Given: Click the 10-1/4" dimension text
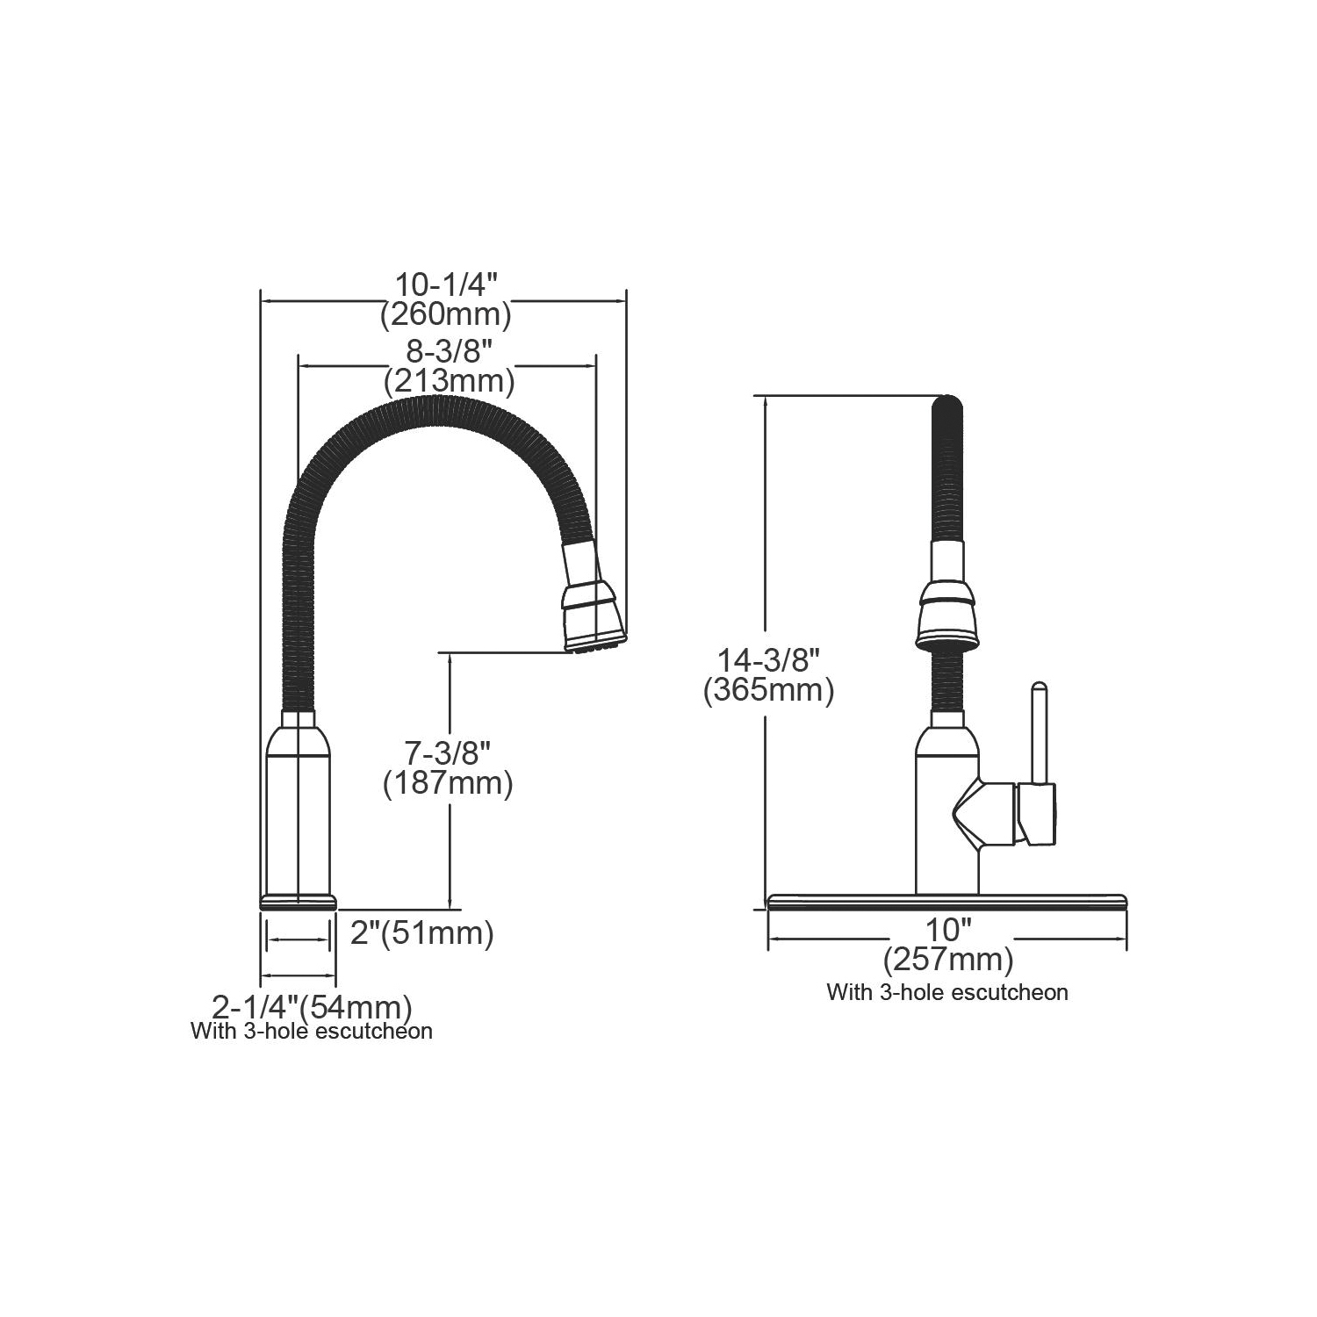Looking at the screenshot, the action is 446,285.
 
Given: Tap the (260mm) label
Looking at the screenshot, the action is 446,314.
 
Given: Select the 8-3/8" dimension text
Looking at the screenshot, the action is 449,353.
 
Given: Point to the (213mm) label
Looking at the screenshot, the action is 449,382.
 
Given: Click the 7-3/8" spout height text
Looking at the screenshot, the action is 448,753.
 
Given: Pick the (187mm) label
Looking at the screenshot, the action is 448,782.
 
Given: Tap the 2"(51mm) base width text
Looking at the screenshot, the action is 422,932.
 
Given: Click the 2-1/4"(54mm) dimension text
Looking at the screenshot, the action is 313,1006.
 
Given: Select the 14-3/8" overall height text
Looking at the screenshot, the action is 768,660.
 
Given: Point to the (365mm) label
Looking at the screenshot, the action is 768,690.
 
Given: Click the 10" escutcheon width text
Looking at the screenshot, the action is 947,931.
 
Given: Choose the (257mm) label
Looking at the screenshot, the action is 948,960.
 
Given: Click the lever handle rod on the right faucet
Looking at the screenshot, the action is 1039,731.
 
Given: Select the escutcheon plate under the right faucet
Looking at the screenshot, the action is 947,901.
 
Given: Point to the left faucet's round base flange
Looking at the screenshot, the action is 299,902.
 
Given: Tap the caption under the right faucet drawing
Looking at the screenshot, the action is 947,992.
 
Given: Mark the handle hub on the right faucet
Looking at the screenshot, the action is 1036,814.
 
